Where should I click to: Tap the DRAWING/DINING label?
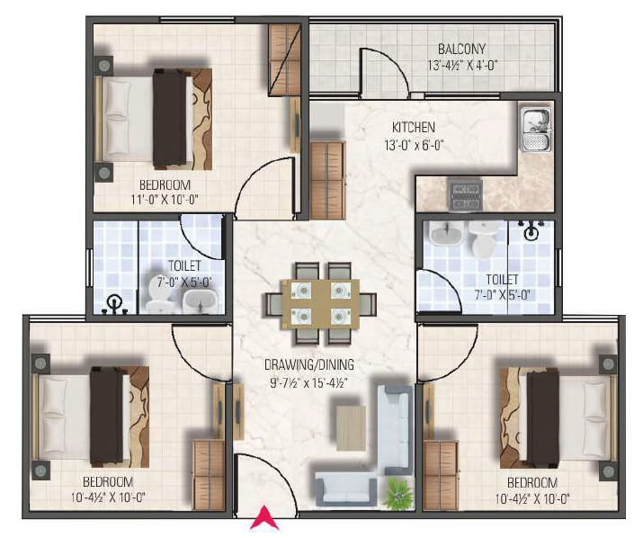click(x=308, y=364)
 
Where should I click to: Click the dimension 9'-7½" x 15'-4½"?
click(x=309, y=381)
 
